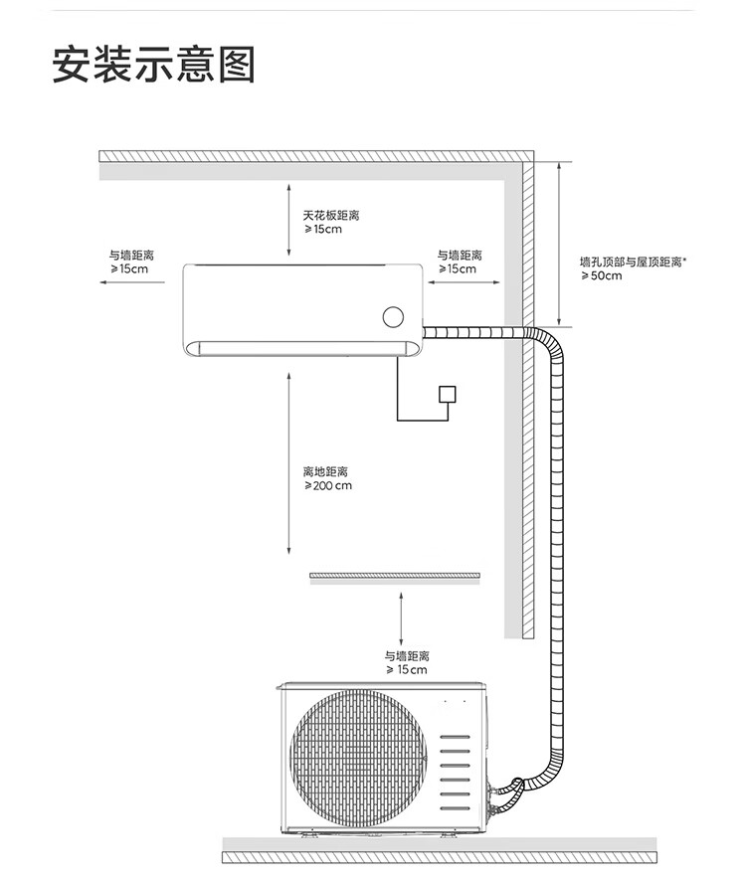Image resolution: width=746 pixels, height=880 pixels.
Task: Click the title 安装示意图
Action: (154, 64)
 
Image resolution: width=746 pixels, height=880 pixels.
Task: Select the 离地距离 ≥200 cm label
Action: (327, 478)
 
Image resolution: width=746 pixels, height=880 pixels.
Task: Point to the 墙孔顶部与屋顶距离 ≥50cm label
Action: (634, 268)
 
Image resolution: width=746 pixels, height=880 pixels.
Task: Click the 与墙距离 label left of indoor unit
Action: (130, 263)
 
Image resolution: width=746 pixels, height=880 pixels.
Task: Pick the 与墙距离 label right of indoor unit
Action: (460, 263)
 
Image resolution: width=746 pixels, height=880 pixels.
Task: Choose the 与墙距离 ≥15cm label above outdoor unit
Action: (406, 663)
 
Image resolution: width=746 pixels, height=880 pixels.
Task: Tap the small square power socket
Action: (449, 394)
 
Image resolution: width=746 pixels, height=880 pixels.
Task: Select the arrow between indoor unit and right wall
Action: (465, 282)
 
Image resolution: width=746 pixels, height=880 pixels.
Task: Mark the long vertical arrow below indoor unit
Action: (288, 463)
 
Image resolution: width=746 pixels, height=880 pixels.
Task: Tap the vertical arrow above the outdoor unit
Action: (401, 617)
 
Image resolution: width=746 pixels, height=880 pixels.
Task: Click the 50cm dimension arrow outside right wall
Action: (561, 244)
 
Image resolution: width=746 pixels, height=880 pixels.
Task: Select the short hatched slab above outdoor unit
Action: (395, 577)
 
